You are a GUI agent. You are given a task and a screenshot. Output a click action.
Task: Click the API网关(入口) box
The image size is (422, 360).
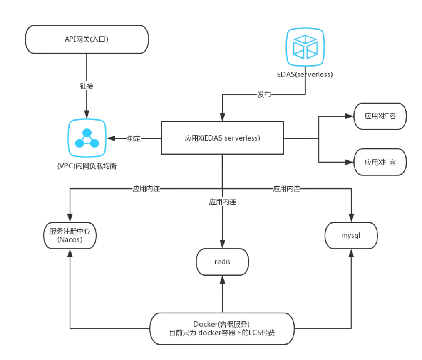(87, 40)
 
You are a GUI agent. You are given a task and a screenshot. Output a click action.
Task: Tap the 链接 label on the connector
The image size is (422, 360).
(87, 86)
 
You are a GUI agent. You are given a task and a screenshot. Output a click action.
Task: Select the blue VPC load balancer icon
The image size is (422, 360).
(87, 140)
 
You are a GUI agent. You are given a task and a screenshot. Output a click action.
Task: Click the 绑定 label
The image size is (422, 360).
(134, 139)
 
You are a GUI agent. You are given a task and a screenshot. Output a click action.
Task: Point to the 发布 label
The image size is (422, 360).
(264, 95)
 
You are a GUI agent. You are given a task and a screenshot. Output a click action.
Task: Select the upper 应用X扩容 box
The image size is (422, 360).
(380, 116)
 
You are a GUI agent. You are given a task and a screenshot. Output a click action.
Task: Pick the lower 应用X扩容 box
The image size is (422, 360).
(380, 162)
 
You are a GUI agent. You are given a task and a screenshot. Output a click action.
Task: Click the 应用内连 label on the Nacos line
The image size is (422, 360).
(146, 188)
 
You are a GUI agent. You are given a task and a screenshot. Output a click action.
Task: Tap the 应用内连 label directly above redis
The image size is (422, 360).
(222, 202)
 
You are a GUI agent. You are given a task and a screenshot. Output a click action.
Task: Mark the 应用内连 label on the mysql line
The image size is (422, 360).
(286, 188)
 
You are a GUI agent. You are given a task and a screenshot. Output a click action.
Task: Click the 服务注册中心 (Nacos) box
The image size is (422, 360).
(70, 236)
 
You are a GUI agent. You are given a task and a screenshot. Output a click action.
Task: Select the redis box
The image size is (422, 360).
(222, 262)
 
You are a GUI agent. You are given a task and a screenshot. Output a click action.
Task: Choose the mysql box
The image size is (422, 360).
(351, 235)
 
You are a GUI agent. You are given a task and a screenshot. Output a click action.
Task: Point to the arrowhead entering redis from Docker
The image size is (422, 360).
(222, 281)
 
